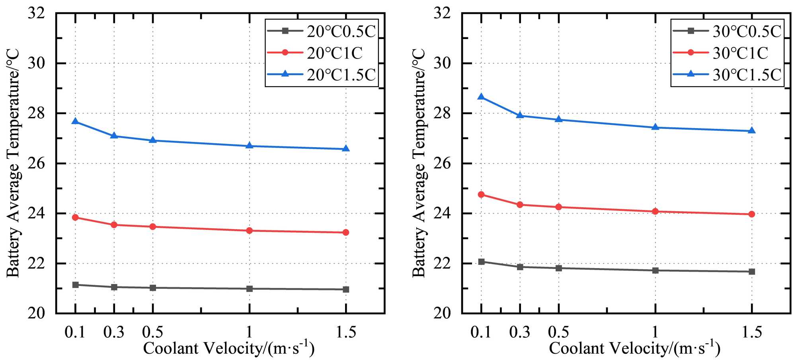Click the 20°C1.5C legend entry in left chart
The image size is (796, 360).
click(x=341, y=75)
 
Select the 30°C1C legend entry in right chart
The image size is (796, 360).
click(x=740, y=53)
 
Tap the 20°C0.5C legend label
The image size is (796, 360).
click(x=341, y=31)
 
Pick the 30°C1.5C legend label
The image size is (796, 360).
click(x=747, y=75)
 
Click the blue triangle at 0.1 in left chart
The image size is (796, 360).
click(x=75, y=121)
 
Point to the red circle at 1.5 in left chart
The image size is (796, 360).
click(x=346, y=232)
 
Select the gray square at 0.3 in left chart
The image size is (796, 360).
click(x=114, y=287)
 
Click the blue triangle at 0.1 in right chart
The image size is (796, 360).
click(x=481, y=97)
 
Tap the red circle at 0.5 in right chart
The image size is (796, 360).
click(x=559, y=207)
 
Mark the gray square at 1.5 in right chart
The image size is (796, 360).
click(x=752, y=272)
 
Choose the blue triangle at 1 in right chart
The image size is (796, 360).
click(x=656, y=127)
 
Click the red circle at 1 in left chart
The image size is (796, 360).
click(x=250, y=230)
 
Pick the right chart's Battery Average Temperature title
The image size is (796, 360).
click(x=419, y=163)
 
